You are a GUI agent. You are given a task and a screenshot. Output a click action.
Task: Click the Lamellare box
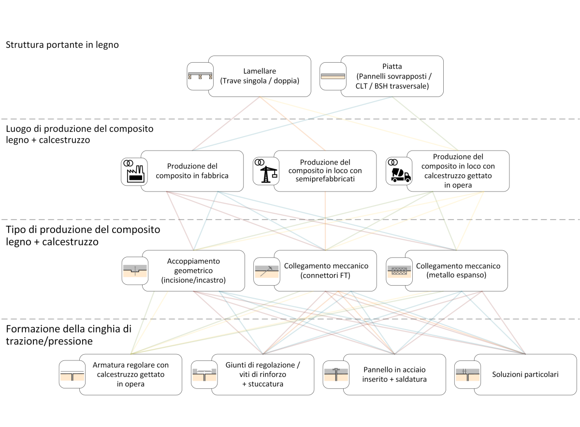click(x=260, y=76)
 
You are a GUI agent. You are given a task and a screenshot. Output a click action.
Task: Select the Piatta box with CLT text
click(x=392, y=76)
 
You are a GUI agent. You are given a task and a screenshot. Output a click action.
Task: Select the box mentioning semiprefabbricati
click(x=325, y=171)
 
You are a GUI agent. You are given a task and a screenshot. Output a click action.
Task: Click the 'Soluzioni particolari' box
click(x=525, y=374)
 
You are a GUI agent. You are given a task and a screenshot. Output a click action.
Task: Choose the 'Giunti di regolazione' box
click(x=263, y=374)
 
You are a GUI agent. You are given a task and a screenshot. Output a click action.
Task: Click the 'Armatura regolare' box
click(x=130, y=374)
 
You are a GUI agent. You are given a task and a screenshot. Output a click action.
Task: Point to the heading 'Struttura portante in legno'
click(x=62, y=45)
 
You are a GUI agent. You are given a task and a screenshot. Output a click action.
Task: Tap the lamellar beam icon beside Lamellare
click(x=201, y=76)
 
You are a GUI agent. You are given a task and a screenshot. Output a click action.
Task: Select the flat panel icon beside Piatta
click(x=333, y=76)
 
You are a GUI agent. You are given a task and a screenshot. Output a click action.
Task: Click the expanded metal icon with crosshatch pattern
click(x=399, y=270)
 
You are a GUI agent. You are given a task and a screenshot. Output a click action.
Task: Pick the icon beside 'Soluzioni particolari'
click(x=467, y=374)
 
